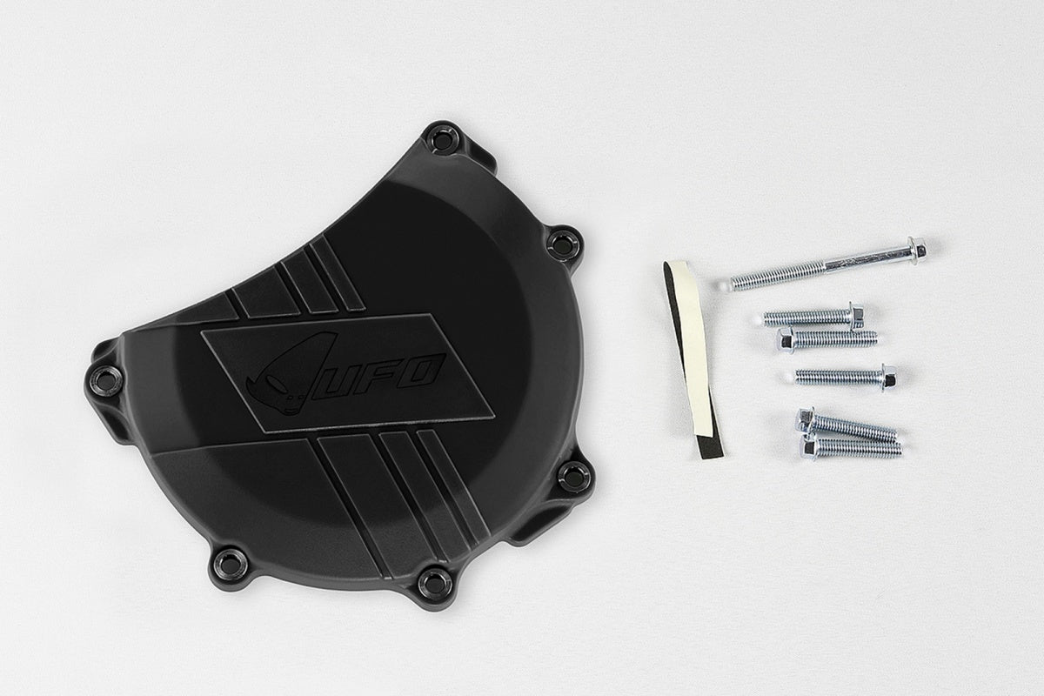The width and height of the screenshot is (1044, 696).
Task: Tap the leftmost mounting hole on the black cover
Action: click(x=106, y=380)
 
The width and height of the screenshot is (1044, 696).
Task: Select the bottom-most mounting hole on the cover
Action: click(x=434, y=582)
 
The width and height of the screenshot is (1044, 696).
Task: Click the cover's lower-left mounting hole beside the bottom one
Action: click(x=230, y=563)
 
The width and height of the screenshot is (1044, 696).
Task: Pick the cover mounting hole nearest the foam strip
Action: click(x=574, y=476)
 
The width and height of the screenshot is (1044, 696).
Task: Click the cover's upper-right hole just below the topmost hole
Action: click(x=564, y=244)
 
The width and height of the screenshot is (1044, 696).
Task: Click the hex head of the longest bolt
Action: click(x=914, y=250)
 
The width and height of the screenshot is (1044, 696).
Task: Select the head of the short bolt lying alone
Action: click(x=887, y=377)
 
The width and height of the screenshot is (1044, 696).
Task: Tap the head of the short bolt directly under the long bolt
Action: click(x=855, y=314)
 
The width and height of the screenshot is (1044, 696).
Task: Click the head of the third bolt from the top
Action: click(x=786, y=339)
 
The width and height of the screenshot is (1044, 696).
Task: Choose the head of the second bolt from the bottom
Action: click(x=806, y=420)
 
